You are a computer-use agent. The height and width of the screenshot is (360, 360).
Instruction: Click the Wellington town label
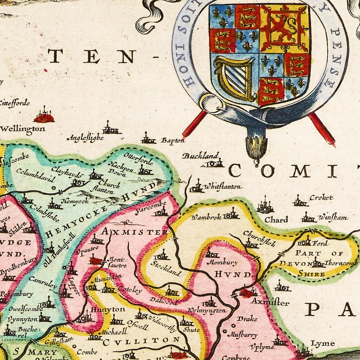click(23, 129)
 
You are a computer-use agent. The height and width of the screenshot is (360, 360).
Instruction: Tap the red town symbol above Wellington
click(44, 117)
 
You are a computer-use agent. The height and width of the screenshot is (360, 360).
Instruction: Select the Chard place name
click(276, 220)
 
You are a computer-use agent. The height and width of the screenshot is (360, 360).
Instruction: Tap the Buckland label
click(201, 156)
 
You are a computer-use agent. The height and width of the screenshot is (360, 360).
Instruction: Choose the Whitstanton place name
click(223, 186)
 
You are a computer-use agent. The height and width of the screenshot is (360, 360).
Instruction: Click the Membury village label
click(222, 262)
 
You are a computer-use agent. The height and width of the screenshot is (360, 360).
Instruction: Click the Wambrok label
click(206, 217)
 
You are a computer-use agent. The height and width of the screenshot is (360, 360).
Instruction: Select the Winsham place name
click(332, 218)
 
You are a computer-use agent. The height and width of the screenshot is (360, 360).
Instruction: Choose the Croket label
click(321, 198)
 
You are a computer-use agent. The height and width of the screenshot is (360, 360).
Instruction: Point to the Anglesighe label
click(85, 138)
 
